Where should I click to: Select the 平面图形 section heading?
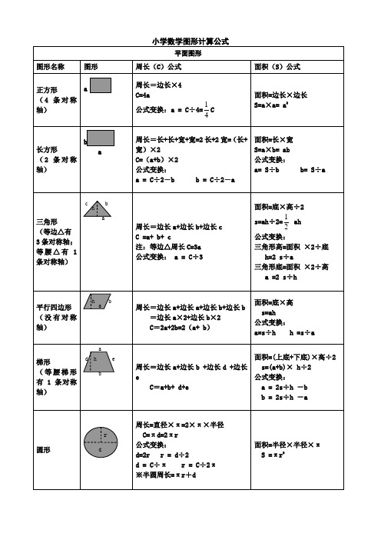tap(190, 54)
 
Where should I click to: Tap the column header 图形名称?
tap(51, 67)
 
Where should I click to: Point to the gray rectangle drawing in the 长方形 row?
tap(101, 138)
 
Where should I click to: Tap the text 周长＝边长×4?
tap(158, 85)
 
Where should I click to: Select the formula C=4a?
tap(142, 95)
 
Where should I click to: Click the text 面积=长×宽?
tap(274, 139)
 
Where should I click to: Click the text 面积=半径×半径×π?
tap(287, 445)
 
